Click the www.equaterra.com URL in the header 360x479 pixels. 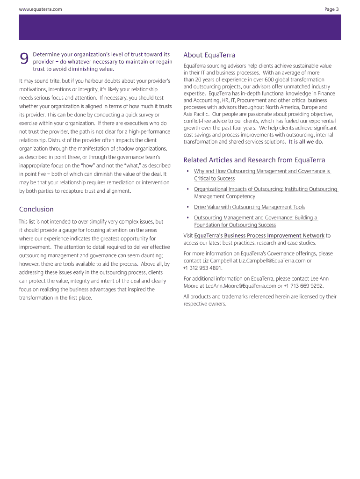[40, 9]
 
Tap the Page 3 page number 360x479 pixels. [331, 9]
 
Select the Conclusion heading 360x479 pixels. [36, 209]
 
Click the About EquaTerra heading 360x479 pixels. [209, 55]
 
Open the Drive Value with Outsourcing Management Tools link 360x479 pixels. [249, 207]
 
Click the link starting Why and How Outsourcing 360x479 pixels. [262, 171]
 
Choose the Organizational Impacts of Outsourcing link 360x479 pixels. [265, 189]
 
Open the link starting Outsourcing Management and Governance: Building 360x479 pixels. [255, 218]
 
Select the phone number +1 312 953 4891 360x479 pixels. [202, 268]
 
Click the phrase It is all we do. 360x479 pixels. [306, 142]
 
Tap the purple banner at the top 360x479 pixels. [180, 27]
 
